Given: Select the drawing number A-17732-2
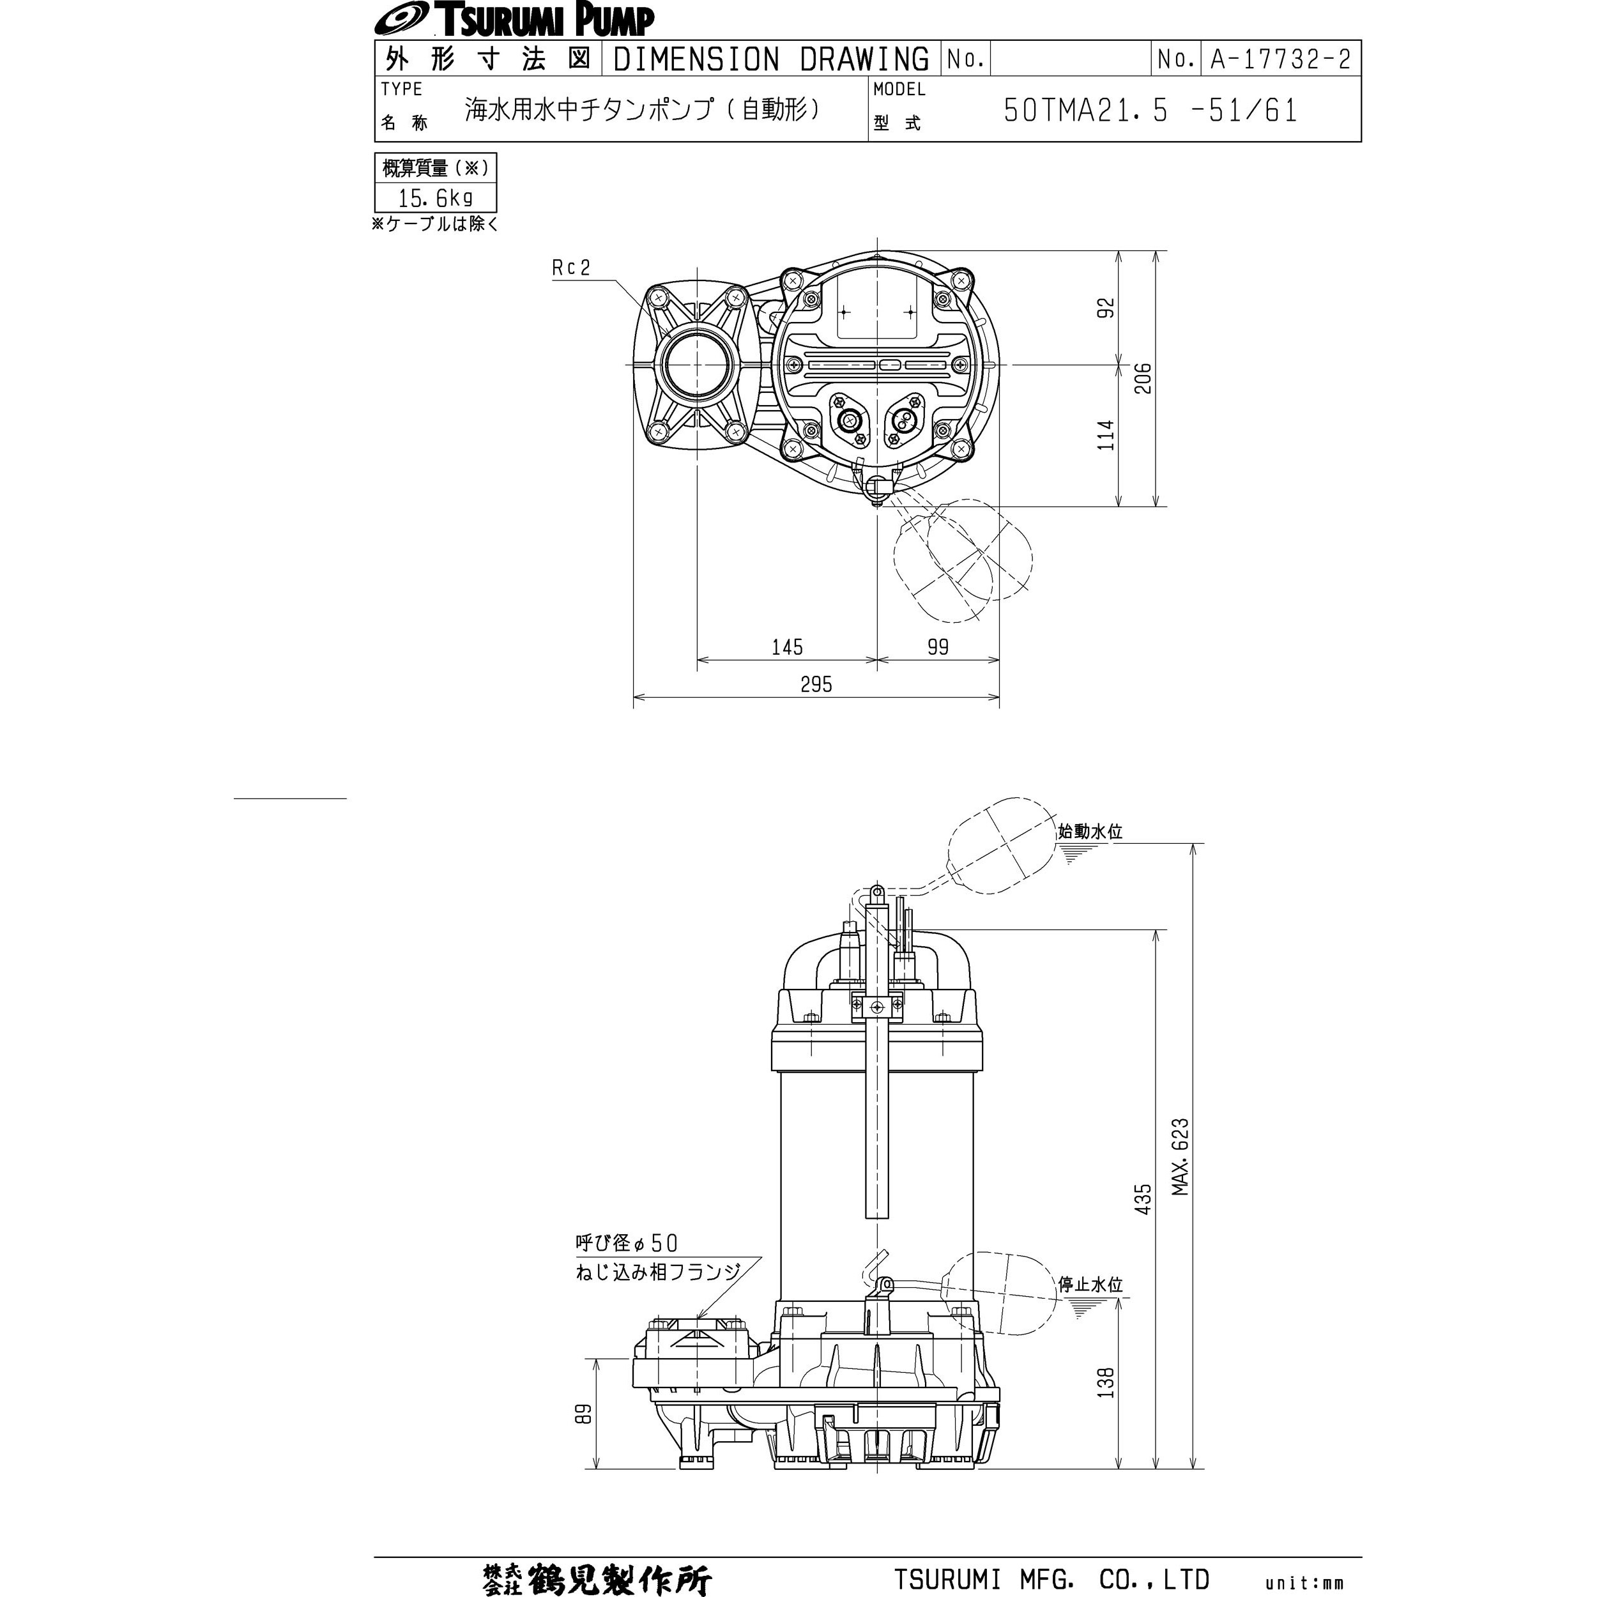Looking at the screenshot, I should (x=1280, y=59).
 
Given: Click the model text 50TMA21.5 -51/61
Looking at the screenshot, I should (x=1150, y=111).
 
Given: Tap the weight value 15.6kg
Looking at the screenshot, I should (x=435, y=199).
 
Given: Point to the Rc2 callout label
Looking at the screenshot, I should (x=571, y=268).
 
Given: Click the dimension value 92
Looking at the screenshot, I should (x=1108, y=307).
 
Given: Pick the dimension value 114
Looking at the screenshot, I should (x=1106, y=436).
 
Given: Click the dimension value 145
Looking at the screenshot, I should (x=787, y=647).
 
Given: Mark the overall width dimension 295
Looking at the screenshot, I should (x=816, y=684).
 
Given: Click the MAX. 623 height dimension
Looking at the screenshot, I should (x=1181, y=1158).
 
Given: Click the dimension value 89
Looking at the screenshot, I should (x=585, y=1414).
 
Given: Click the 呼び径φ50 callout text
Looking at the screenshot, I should (x=627, y=1243).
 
